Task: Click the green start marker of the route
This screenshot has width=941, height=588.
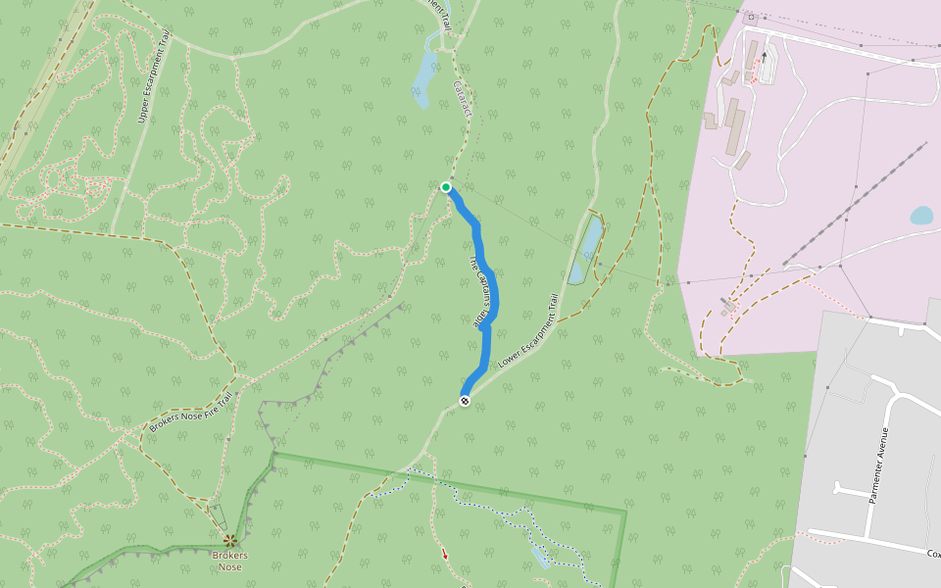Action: pyautogui.click(x=446, y=187)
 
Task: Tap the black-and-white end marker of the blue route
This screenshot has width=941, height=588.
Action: pyautogui.click(x=465, y=400)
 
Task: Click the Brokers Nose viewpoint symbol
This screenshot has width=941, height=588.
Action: pyautogui.click(x=229, y=540)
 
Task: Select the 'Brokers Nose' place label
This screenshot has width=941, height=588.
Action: pyautogui.click(x=229, y=562)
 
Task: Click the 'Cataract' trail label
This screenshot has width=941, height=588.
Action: pyautogui.click(x=462, y=98)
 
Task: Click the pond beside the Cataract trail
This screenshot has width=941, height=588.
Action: pyautogui.click(x=424, y=77)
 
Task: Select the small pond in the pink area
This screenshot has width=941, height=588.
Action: pyautogui.click(x=921, y=216)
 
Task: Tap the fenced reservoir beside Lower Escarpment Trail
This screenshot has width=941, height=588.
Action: pyautogui.click(x=587, y=250)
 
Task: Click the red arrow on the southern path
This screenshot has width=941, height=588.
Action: pyautogui.click(x=444, y=555)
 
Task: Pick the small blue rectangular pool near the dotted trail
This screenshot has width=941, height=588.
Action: pyautogui.click(x=540, y=557)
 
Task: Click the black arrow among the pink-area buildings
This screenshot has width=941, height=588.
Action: pyautogui.click(x=764, y=57)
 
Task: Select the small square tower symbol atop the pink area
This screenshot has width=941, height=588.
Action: pyautogui.click(x=752, y=17)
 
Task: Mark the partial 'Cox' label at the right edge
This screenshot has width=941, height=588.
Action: pyautogui.click(x=933, y=554)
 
